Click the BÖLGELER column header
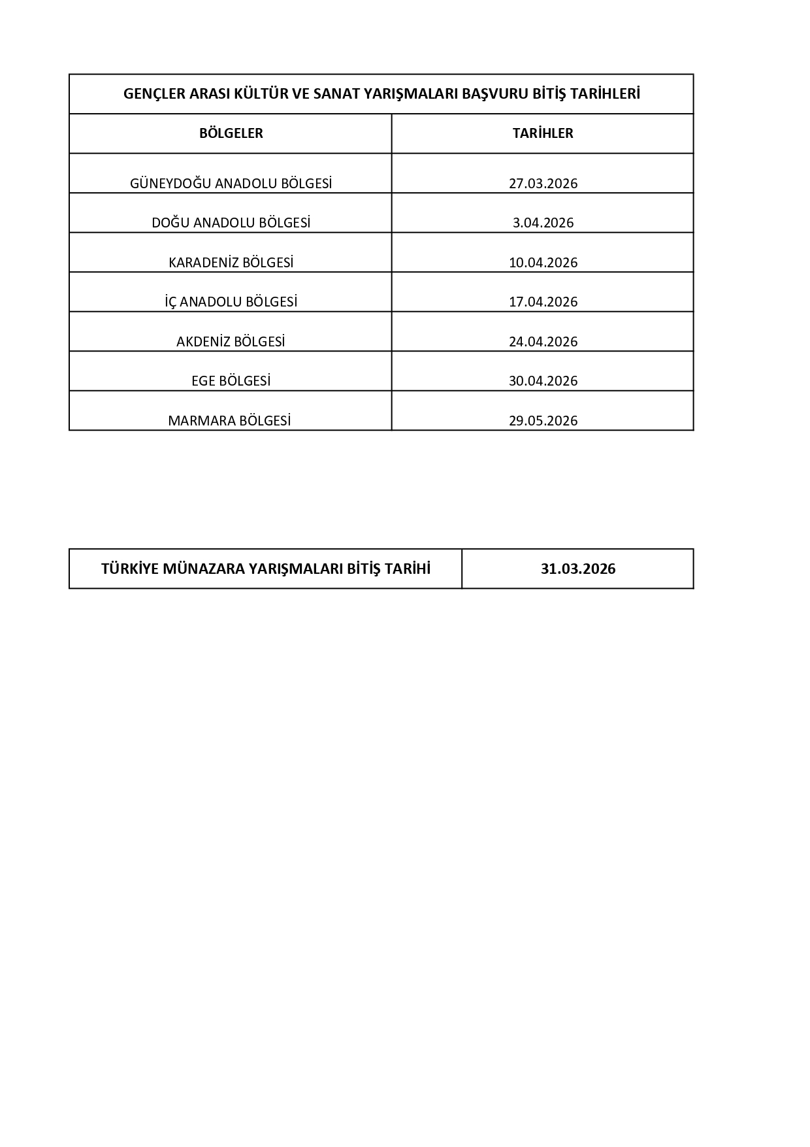(231, 133)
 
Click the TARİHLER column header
(543, 133)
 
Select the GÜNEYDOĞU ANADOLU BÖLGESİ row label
(231, 184)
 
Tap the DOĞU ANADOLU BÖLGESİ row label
(231, 223)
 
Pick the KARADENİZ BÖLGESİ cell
(231, 263)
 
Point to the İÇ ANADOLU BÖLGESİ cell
(231, 302)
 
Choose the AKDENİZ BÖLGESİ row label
(231, 342)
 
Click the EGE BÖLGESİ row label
(231, 381)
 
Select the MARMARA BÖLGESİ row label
(229, 421)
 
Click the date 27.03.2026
(543, 184)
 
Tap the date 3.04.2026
(543, 223)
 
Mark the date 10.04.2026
(543, 263)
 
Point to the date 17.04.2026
(543, 302)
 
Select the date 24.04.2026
(543, 342)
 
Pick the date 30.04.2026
(543, 381)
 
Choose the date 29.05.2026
(543, 421)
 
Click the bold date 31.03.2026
(578, 569)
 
